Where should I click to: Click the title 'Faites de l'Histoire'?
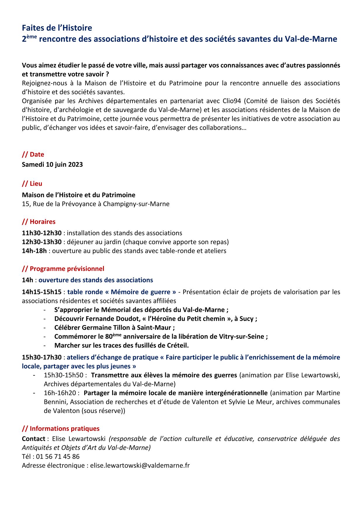[57, 28]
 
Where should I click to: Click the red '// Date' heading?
[33, 155]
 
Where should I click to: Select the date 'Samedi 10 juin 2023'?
[52, 164]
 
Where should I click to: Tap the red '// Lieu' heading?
[32, 184]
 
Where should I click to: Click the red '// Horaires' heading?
[39, 222]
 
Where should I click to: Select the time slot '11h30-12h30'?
[42, 233]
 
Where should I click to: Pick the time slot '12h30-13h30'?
[42, 242]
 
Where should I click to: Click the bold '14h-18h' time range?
[34, 251]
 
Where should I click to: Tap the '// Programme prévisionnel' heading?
[63, 269]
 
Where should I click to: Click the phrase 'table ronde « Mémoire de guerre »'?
[122, 292]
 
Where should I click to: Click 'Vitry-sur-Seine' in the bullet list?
[241, 336]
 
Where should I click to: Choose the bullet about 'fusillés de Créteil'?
[121, 346]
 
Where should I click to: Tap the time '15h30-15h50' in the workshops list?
[63, 375]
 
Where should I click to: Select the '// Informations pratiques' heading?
[61, 428]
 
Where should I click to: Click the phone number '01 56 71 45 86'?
[58, 457]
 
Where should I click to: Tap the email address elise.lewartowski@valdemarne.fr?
[140, 465]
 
